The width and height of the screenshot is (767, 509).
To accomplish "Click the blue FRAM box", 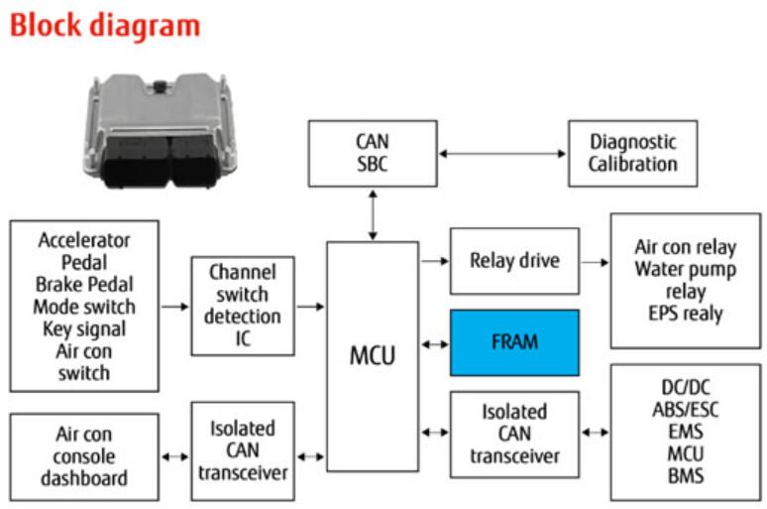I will point(514,342).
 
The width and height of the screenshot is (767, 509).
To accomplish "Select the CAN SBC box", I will point(372,153).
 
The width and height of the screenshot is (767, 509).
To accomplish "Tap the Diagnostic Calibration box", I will point(632,153).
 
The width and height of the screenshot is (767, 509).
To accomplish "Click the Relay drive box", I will point(514,261).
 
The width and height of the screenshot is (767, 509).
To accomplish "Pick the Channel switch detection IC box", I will point(243,307).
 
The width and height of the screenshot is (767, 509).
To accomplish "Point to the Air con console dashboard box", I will point(84,456).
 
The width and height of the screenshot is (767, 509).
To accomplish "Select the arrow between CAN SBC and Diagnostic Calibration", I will point(502,154).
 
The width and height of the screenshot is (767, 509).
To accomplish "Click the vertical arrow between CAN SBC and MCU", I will point(373,213).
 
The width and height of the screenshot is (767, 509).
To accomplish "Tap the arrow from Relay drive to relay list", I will point(595,262).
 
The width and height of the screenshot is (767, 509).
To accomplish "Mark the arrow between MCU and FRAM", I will point(434,343).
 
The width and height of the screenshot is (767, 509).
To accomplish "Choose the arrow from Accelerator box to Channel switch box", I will point(174,307).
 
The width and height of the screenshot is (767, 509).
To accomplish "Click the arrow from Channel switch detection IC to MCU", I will point(310,307).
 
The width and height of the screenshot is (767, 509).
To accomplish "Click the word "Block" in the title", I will point(51,25).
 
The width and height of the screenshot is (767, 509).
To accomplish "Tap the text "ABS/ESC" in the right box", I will point(686,409).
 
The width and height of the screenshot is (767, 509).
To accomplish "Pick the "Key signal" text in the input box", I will point(84,328).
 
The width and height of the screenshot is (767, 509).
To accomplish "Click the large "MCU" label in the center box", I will point(373,354).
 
